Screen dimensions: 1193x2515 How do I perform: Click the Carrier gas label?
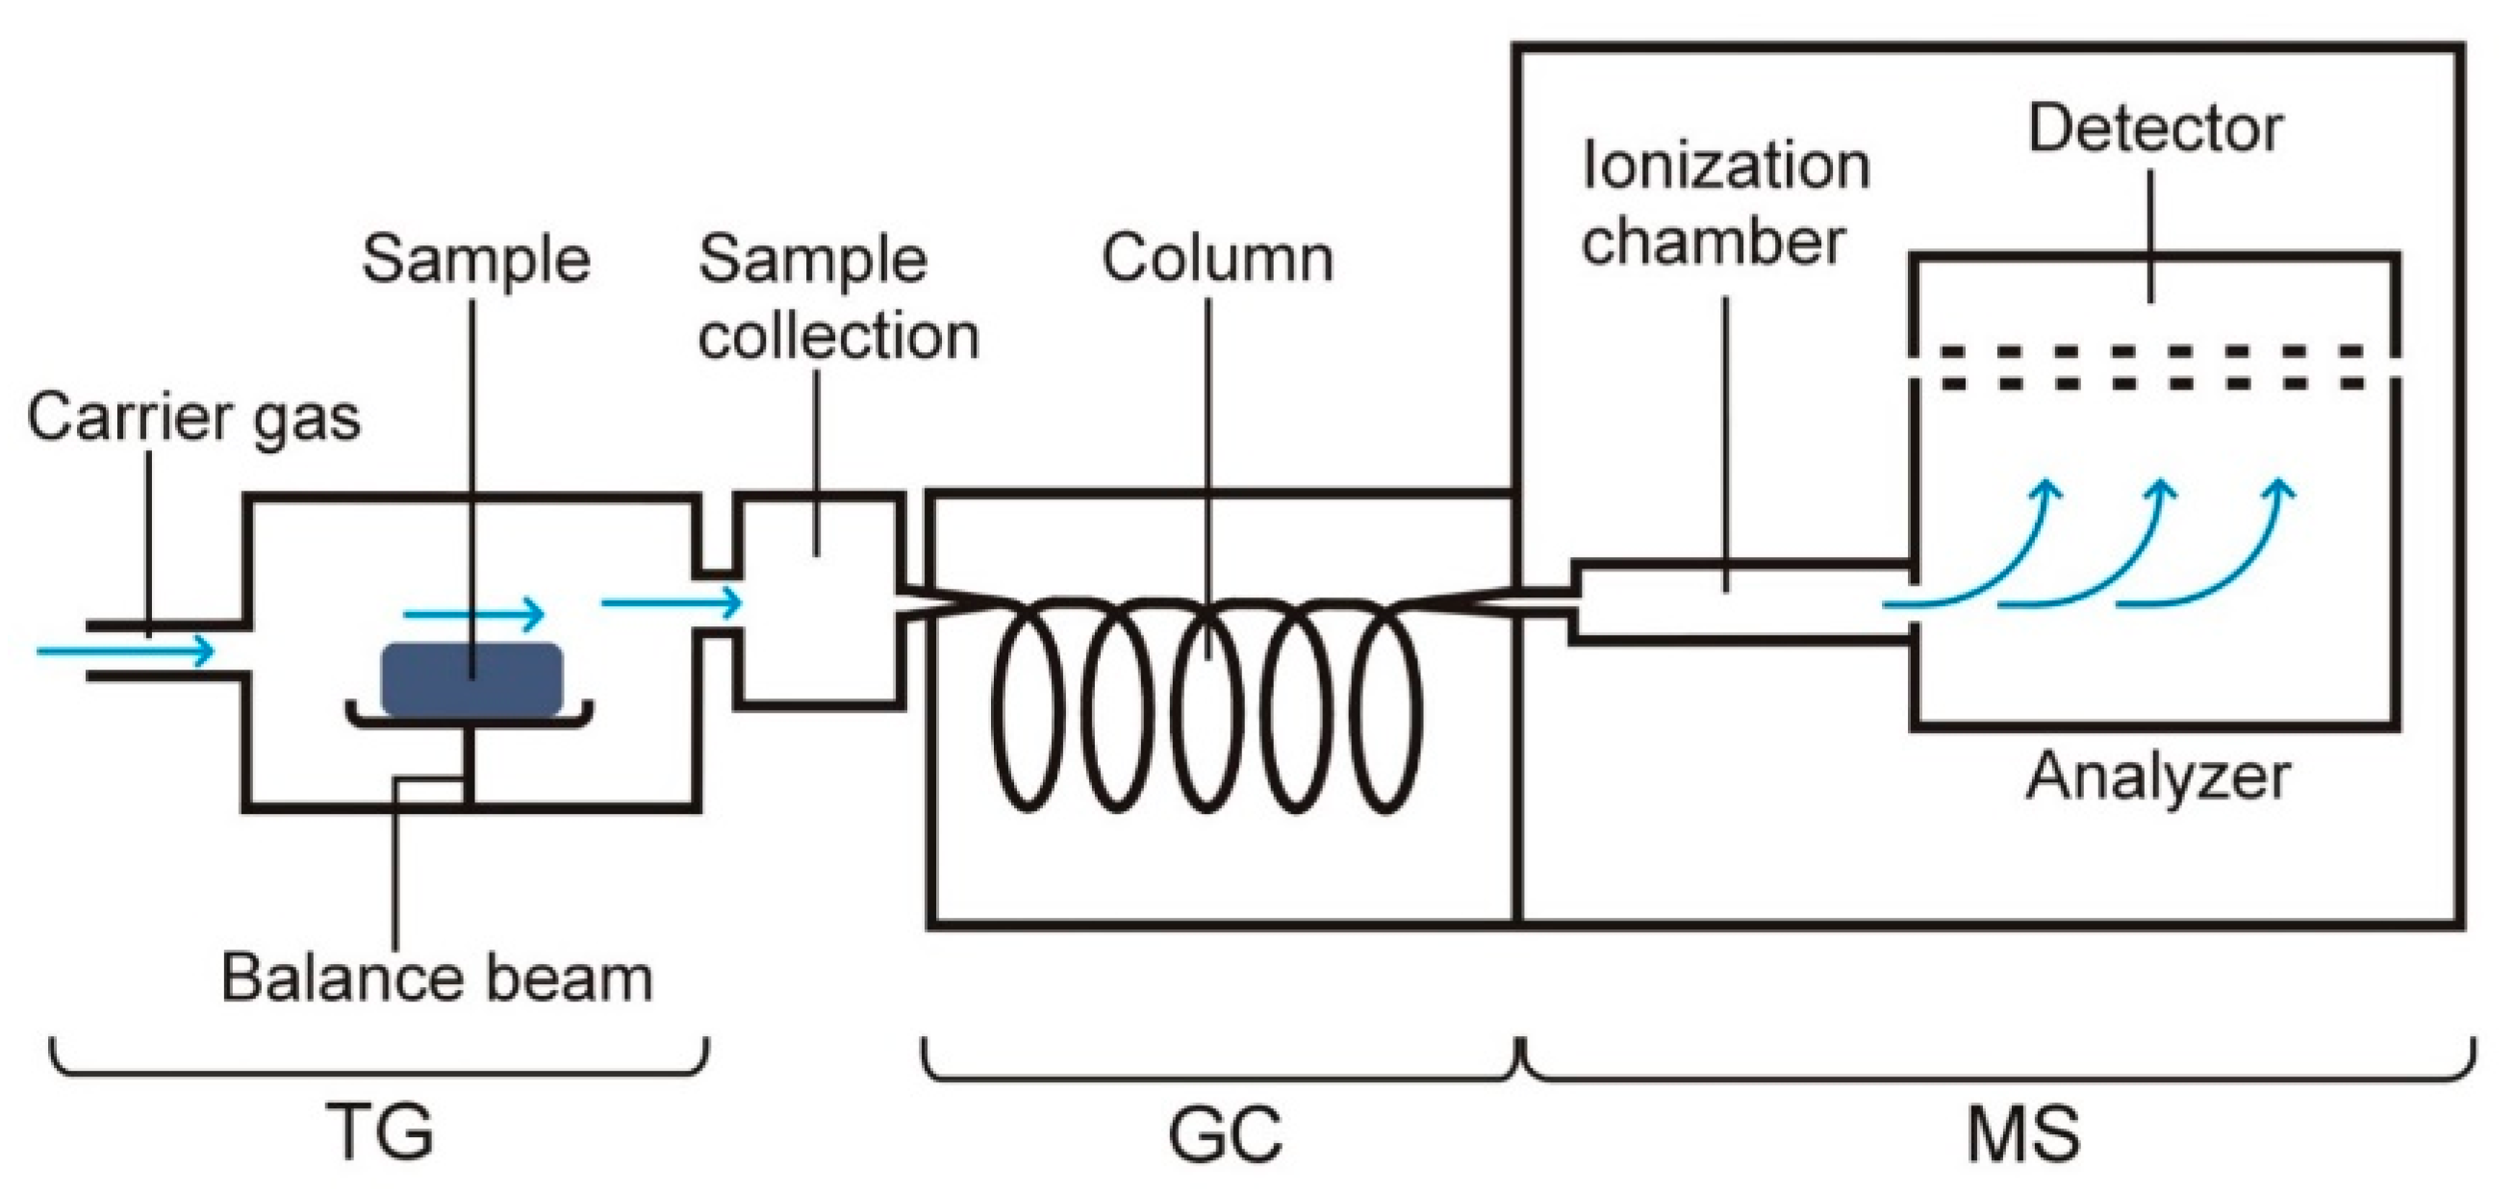pos(193,418)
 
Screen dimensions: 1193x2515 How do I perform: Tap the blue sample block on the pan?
pos(471,678)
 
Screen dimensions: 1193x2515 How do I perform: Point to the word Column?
pos(1216,259)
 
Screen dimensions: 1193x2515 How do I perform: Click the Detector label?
pos(2155,129)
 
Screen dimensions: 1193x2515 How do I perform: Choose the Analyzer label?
pos(2158,778)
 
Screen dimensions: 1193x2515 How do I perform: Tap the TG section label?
pos(380,1132)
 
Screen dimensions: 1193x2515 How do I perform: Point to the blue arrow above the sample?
pos(473,614)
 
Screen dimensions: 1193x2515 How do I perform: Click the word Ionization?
pos(1725,166)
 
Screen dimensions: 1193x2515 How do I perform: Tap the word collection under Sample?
pos(838,336)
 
